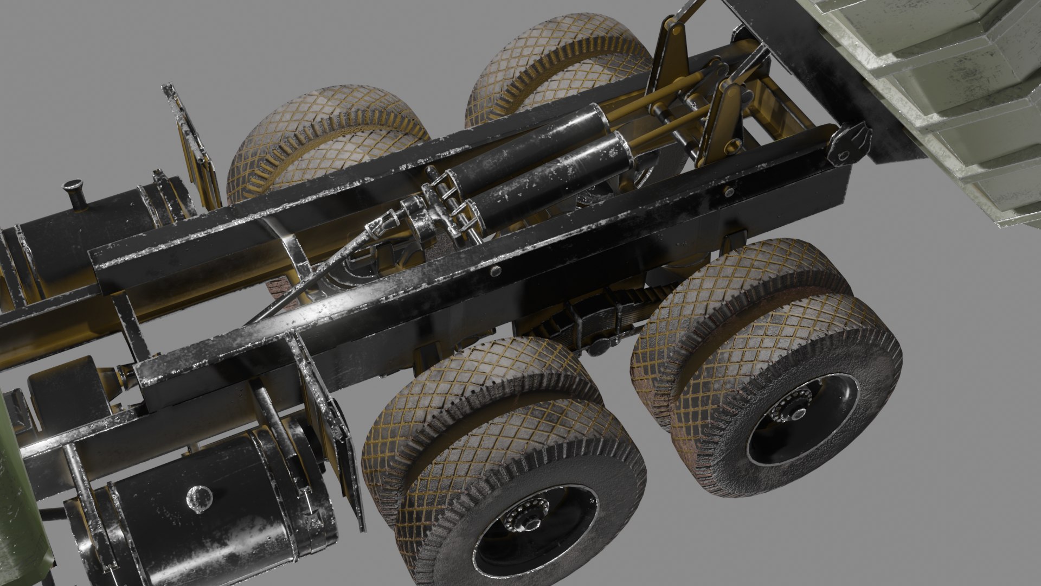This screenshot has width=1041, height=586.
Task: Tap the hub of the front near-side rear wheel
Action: (525, 523)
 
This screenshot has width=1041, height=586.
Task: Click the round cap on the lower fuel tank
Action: (199, 498)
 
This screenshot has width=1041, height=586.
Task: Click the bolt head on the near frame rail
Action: (495, 272)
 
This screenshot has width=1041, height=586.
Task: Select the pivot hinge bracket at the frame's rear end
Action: (849, 142)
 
